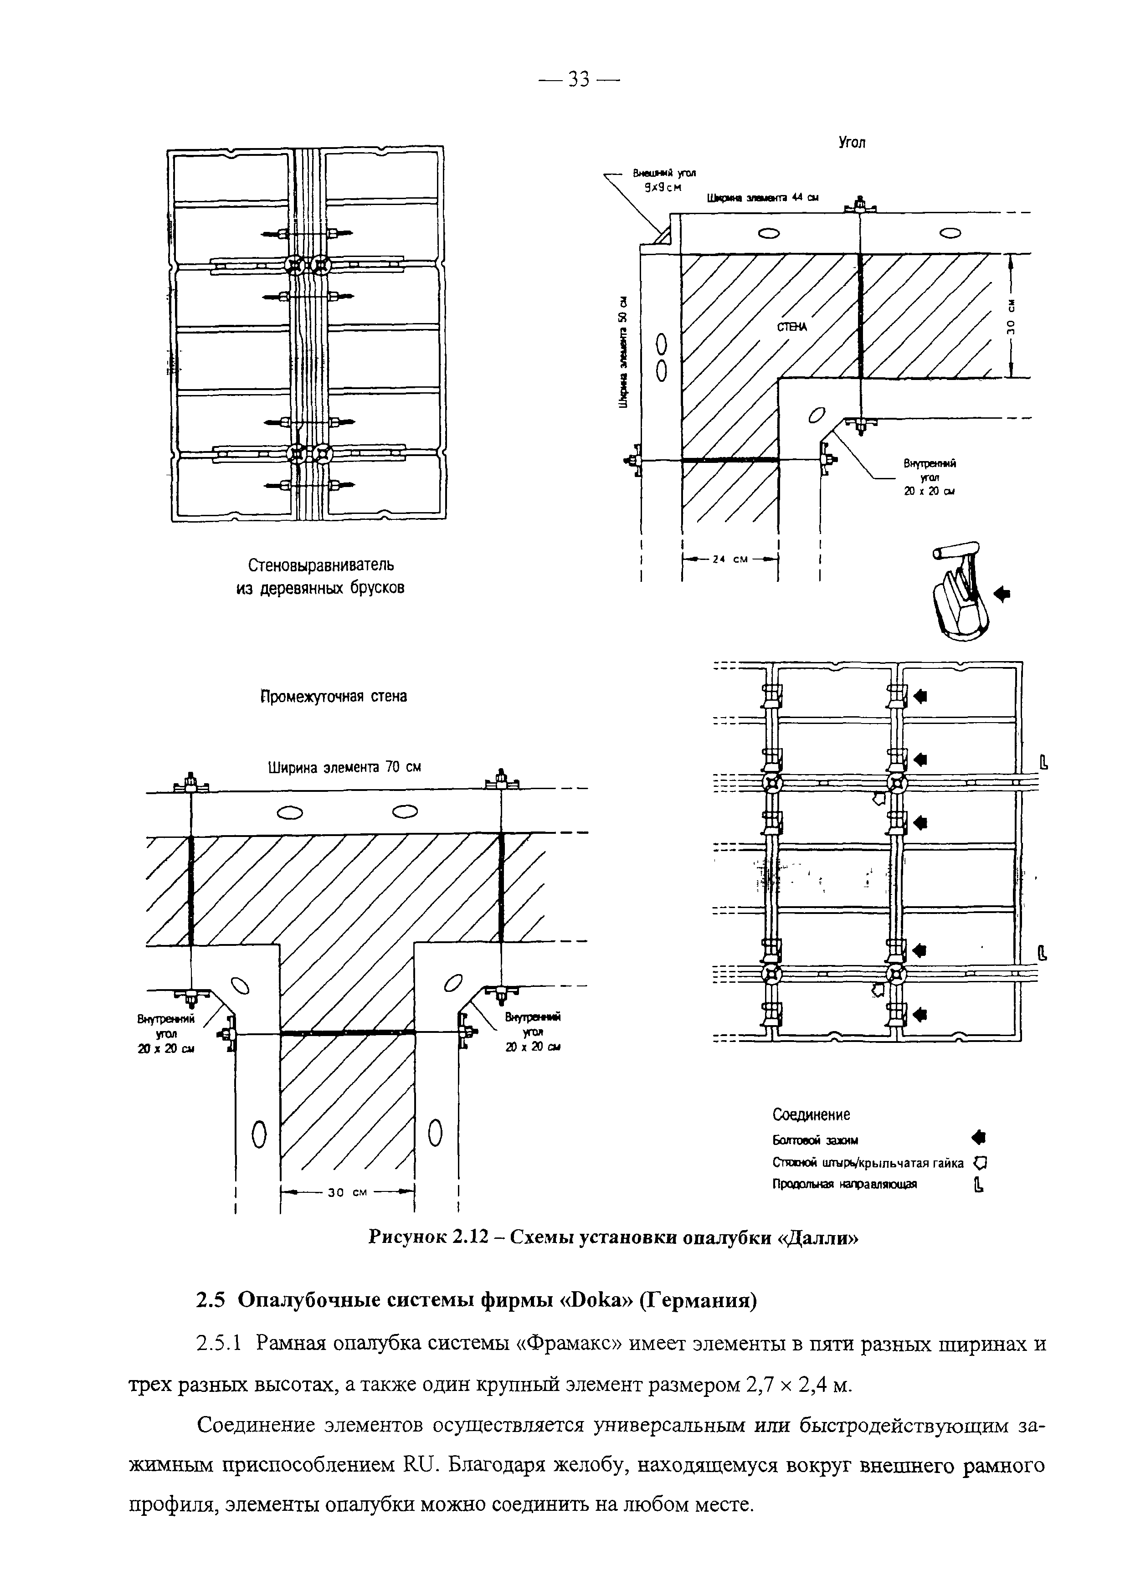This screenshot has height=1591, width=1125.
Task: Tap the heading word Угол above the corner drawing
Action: pyautogui.click(x=852, y=143)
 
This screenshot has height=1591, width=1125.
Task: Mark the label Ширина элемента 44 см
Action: pyautogui.click(x=762, y=197)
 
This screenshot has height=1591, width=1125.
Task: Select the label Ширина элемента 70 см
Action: pyautogui.click(x=344, y=767)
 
